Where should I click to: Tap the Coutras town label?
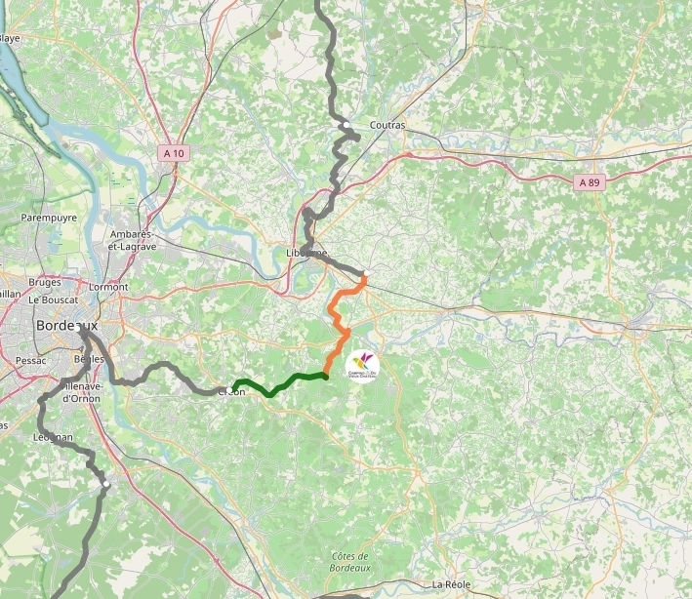pyautogui.click(x=387, y=125)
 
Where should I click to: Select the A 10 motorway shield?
pyautogui.click(x=174, y=153)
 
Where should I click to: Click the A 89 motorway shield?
pyautogui.click(x=589, y=182)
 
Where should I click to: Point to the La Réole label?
pyautogui.click(x=451, y=584)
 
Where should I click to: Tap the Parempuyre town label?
pyautogui.click(x=49, y=218)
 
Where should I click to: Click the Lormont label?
pyautogui.click(x=108, y=288)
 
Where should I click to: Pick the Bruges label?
pyautogui.click(x=45, y=282)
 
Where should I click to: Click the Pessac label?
pyautogui.click(x=30, y=360)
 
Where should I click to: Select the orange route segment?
pyautogui.click(x=340, y=322)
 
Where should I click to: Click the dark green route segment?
pyautogui.click(x=283, y=382)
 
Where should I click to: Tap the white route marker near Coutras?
pyautogui.click(x=346, y=126)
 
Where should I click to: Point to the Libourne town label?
pyautogui.click(x=306, y=253)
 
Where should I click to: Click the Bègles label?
pyautogui.click(x=89, y=359)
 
